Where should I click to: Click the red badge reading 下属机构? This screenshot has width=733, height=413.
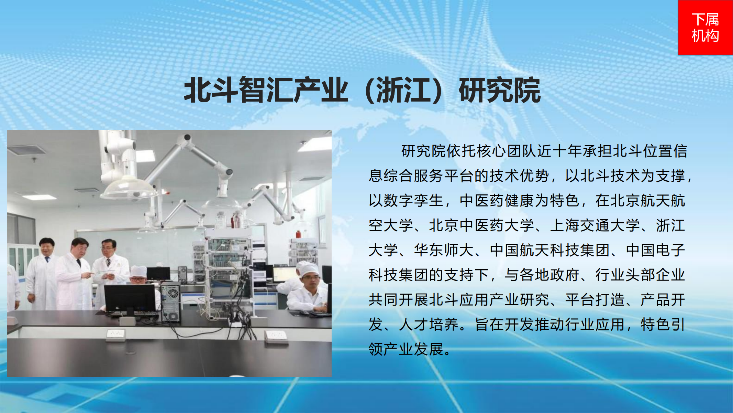pos(705,28)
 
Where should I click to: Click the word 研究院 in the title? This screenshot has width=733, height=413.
pos(500,90)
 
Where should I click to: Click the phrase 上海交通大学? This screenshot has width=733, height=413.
pos(595,225)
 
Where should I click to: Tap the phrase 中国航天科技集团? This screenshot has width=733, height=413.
pos(549,250)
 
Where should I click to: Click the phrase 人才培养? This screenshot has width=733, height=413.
pos(429,325)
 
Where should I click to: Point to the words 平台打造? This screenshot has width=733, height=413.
pos(595,300)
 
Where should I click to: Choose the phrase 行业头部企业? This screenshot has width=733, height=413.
pos(640,275)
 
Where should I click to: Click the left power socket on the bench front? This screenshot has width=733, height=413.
pos(115,334)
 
